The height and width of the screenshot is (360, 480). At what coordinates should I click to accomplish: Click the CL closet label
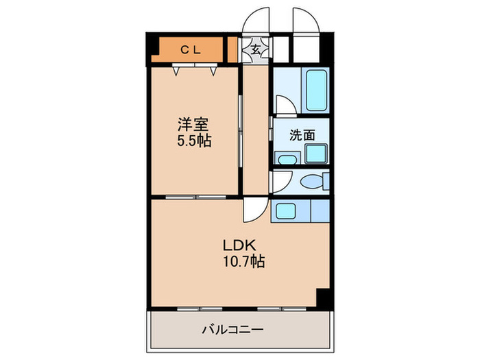pos(189,49)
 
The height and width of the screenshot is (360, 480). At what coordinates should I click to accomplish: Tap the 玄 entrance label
pos(255,49)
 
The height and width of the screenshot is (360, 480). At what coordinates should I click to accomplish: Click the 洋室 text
pos(193,125)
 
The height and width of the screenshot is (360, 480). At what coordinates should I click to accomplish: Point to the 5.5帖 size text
pos(194,141)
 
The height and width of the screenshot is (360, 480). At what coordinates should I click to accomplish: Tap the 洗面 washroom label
pos(302,135)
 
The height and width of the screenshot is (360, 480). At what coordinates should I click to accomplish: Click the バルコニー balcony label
pos(232,330)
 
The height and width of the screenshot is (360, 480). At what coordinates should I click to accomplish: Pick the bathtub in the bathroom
pos(315,91)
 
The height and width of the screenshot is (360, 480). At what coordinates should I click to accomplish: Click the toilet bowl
pos(315,183)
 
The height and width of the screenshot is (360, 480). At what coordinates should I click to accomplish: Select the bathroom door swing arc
pos(286,105)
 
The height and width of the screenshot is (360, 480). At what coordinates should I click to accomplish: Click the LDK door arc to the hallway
pos(254,209)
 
